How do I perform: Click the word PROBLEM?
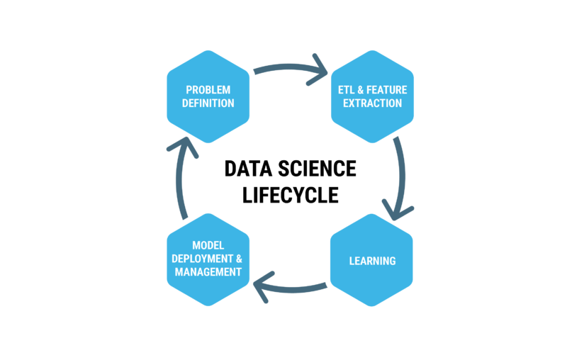click(208, 90)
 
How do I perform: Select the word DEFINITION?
click(208, 103)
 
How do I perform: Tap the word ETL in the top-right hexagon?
click(347, 90)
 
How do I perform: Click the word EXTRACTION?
click(372, 103)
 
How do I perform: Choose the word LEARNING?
click(372, 261)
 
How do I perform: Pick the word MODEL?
click(208, 245)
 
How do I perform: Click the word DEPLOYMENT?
click(203, 259)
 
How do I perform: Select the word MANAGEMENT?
click(208, 272)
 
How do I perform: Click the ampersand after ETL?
click(363, 90)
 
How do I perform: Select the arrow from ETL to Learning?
click(403, 170)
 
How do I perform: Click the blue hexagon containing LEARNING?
click(372, 276)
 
